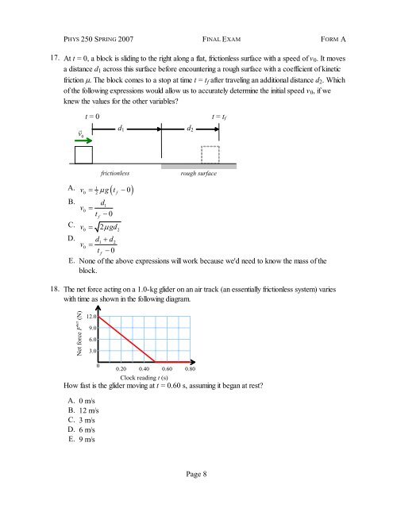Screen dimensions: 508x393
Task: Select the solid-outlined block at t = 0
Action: (83, 156)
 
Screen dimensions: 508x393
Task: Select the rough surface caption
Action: (198, 171)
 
